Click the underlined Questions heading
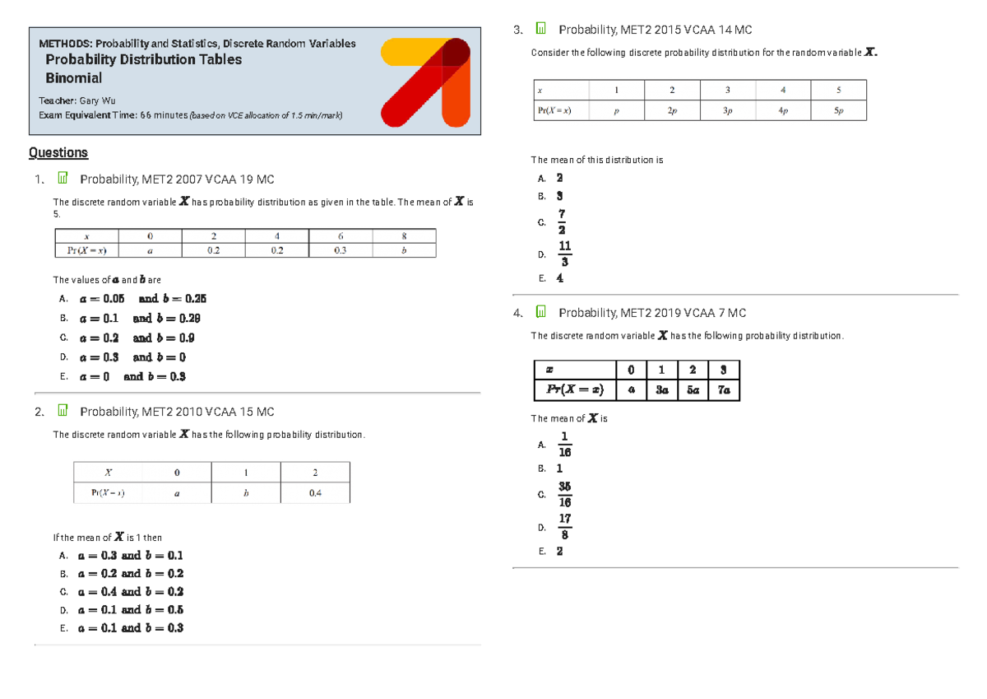tap(58, 152)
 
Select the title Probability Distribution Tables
tap(143, 59)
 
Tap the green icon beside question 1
tap(62, 179)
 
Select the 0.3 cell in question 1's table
tap(340, 250)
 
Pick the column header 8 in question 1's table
tap(404, 235)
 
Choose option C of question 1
tap(137, 338)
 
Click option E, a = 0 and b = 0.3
tap(132, 376)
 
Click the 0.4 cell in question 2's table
tap(315, 492)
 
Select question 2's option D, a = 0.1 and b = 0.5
tap(130, 610)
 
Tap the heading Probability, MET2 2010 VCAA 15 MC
tap(177, 412)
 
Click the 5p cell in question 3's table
tap(838, 110)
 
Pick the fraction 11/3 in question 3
tap(564, 254)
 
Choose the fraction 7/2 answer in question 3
tap(562, 222)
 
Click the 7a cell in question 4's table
tap(723, 390)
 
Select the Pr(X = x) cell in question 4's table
tap(575, 390)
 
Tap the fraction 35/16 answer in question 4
tap(564, 494)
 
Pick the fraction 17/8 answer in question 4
tap(564, 527)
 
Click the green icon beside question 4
tap(540, 313)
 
